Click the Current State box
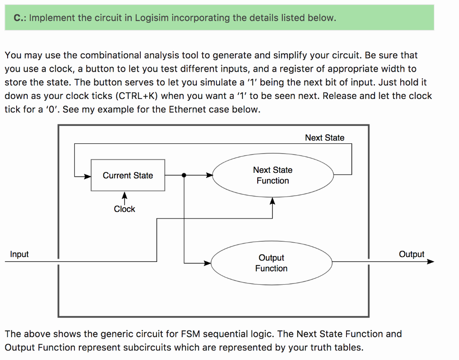128,176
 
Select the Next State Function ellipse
273,176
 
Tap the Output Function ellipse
271,263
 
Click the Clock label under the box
124,209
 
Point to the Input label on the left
19,254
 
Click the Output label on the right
411,254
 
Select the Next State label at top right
325,138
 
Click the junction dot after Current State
184,176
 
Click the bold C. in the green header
18,18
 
